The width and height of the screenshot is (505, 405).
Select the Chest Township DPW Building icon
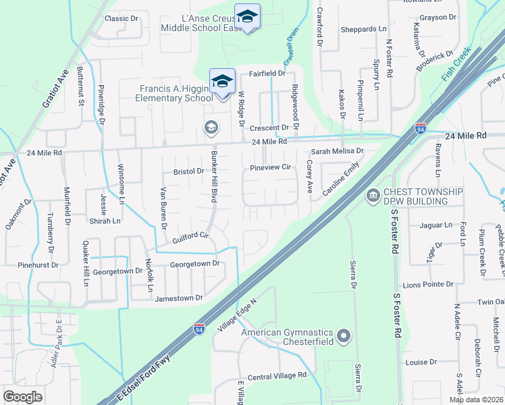(x=372, y=196)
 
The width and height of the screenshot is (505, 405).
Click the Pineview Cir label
(x=269, y=167)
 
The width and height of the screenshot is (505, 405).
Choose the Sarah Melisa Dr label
(x=337, y=152)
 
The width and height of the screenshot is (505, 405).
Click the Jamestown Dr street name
(x=179, y=298)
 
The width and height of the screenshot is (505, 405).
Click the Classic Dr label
(x=122, y=18)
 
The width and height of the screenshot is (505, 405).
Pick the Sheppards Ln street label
(x=364, y=29)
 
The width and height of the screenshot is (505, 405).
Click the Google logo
(x=22, y=396)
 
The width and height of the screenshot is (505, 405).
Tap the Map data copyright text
(x=476, y=400)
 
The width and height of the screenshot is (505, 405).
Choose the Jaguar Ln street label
(x=435, y=225)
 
